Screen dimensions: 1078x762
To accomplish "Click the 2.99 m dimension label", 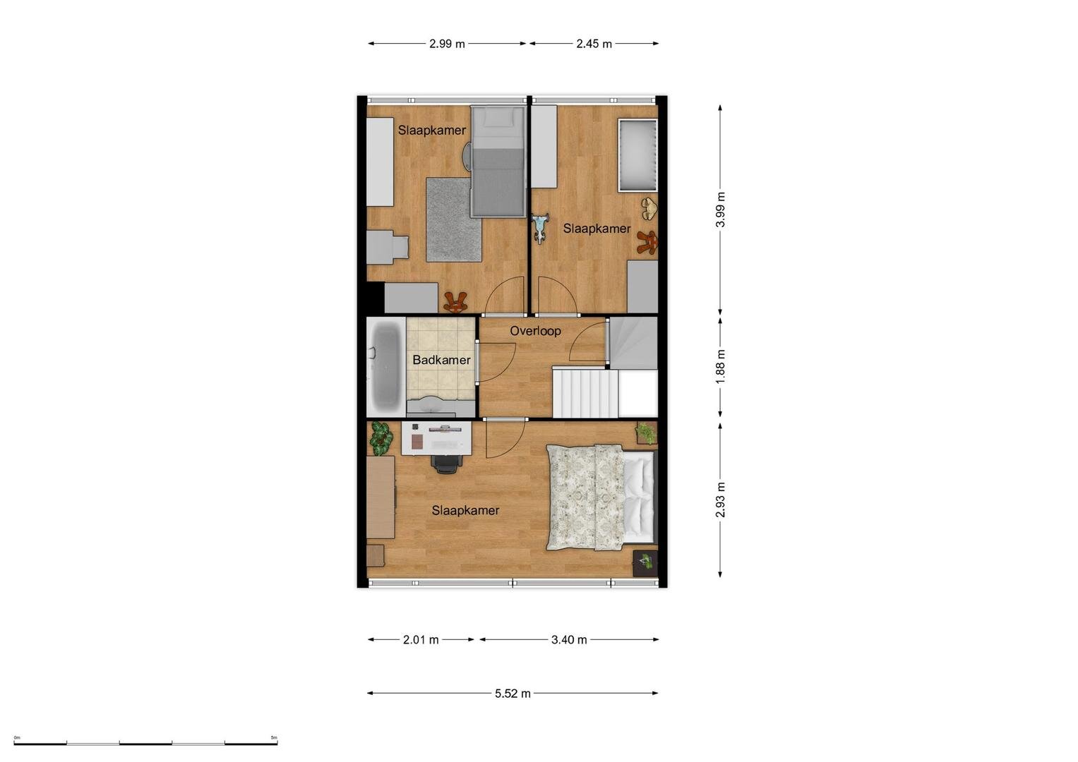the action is coord(447,44).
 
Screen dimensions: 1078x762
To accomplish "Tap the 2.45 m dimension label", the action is coord(594,44).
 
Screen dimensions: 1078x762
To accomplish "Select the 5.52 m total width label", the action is coord(513,693).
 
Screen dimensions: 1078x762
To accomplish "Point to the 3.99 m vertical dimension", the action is coord(720,210).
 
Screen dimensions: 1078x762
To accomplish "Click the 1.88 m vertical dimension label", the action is coord(720,367).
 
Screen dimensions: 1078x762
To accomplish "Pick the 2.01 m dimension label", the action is coord(421,640).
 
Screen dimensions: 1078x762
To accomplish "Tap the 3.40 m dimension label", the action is coord(569,640).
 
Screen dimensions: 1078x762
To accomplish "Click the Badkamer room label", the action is coord(441,360).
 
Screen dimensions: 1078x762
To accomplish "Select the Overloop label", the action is coord(535,331).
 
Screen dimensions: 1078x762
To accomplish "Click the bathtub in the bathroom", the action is coord(386,367).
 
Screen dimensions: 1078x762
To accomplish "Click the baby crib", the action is coord(637,155).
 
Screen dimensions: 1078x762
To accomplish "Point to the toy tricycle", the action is coord(541,227).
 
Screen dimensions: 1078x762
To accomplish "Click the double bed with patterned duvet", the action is coord(601,497).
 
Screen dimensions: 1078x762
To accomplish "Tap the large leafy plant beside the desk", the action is coord(381,438).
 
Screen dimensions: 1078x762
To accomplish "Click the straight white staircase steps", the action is coord(585,393).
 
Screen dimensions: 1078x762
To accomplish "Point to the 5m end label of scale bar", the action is coord(274,737).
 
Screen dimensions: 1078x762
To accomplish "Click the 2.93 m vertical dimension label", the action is coord(720,500).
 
